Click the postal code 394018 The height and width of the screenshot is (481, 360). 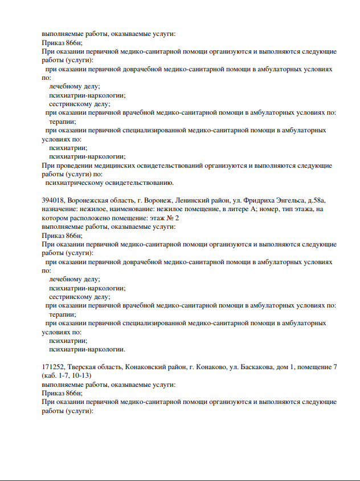[x=54, y=201]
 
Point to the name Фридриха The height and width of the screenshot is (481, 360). [x=248, y=201]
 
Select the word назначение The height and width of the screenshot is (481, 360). [x=61, y=209]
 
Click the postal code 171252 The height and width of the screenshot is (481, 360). [x=54, y=367]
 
